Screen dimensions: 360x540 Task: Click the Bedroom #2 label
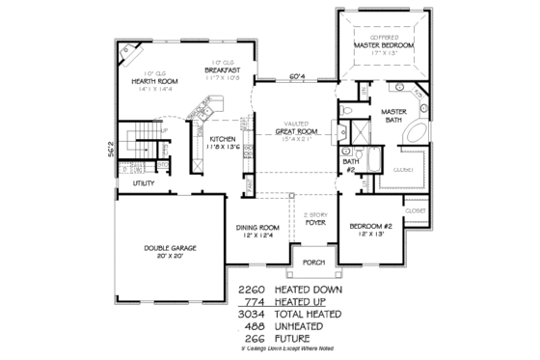tap(372, 227)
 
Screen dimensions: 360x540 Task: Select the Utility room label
tap(145, 182)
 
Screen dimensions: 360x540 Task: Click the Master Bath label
tap(393, 115)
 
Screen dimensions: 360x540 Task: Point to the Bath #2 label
tap(352, 165)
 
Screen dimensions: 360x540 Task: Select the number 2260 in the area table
tap(251, 288)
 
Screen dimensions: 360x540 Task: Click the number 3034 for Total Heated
tap(251, 314)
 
